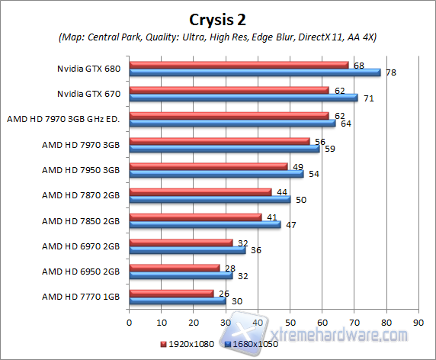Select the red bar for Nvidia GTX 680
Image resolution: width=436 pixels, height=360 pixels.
tap(239, 65)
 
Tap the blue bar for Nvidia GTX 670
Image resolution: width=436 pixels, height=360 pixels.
tap(243, 98)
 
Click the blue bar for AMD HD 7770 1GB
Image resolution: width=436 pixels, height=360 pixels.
tap(178, 301)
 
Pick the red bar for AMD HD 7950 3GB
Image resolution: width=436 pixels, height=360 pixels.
tap(208, 166)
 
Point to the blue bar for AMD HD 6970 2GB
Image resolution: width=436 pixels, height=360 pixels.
tap(187, 250)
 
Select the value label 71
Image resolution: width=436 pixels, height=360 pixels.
tap(369, 98)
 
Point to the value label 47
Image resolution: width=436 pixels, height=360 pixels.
tap(292, 225)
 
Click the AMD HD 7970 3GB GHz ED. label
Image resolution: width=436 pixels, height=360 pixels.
tap(65, 119)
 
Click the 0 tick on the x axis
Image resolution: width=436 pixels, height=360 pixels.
tap(130, 321)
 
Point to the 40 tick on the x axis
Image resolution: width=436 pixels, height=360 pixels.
tap(258, 321)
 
